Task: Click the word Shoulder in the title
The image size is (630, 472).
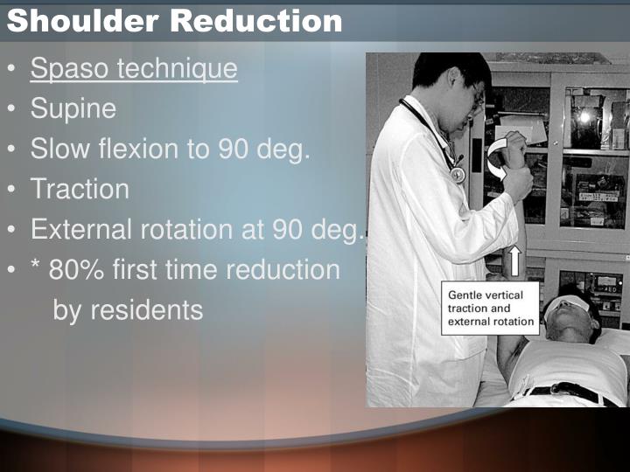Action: [x=83, y=20]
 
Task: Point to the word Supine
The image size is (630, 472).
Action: [x=73, y=109]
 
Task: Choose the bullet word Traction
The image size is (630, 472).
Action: [x=80, y=189]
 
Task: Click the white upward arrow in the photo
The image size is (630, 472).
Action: [x=514, y=261]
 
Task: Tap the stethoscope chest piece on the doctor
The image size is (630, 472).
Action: [x=458, y=175]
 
